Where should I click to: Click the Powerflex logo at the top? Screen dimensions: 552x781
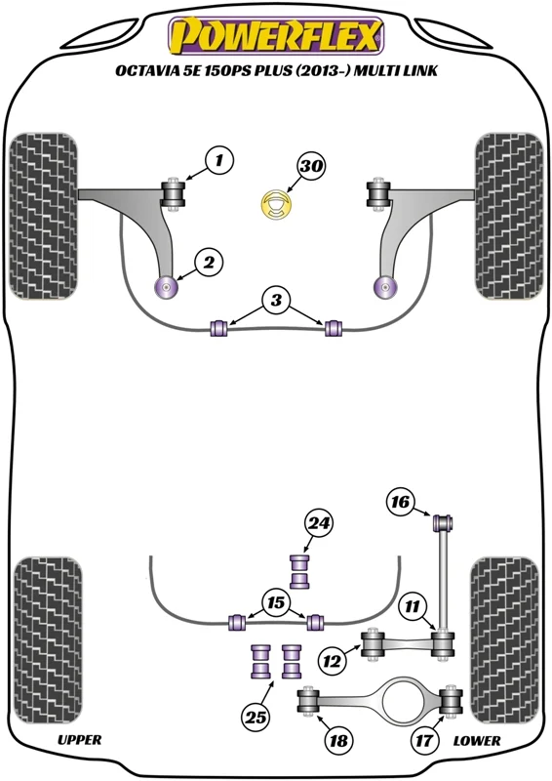pyautogui.click(x=276, y=36)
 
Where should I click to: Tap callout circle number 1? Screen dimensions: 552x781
pyautogui.click(x=218, y=160)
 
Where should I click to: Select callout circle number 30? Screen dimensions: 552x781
pyautogui.click(x=311, y=165)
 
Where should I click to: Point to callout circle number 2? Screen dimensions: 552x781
pyautogui.click(x=209, y=262)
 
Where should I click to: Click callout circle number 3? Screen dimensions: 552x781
pyautogui.click(x=276, y=300)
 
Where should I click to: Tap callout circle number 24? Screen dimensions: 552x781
pyautogui.click(x=318, y=523)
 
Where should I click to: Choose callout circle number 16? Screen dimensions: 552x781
pyautogui.click(x=400, y=502)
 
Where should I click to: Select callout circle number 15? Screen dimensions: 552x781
pyautogui.click(x=275, y=602)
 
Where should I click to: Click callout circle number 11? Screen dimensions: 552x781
pyautogui.click(x=413, y=606)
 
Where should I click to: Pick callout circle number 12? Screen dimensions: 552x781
pyautogui.click(x=332, y=662)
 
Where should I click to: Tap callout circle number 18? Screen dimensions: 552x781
pyautogui.click(x=338, y=740)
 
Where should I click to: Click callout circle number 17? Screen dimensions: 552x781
pyautogui.click(x=424, y=741)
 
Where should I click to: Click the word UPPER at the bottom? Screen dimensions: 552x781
pyautogui.click(x=80, y=740)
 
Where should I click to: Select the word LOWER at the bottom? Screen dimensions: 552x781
pyautogui.click(x=476, y=741)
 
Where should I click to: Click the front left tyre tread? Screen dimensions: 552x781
pyautogui.click(x=43, y=216)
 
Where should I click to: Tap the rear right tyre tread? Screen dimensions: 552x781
pyautogui.click(x=504, y=641)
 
